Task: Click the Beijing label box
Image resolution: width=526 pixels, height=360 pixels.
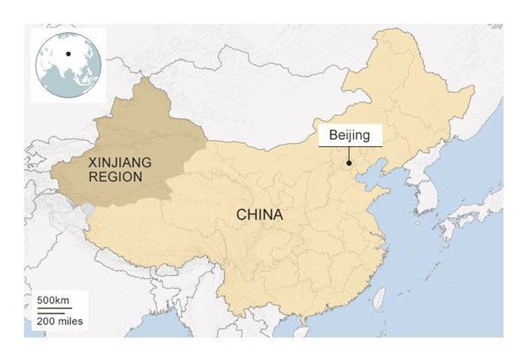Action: [350, 136]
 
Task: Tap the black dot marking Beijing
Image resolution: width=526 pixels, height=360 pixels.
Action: [348, 164]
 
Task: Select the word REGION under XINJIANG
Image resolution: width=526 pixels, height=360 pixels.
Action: [115, 177]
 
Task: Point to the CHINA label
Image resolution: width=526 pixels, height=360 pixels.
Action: [260, 215]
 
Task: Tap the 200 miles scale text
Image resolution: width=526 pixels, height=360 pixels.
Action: [60, 322]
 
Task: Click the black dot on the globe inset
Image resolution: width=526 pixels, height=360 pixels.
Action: [68, 53]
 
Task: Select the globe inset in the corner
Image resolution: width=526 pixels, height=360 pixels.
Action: [67, 63]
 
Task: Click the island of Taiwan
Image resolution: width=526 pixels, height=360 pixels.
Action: [381, 298]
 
